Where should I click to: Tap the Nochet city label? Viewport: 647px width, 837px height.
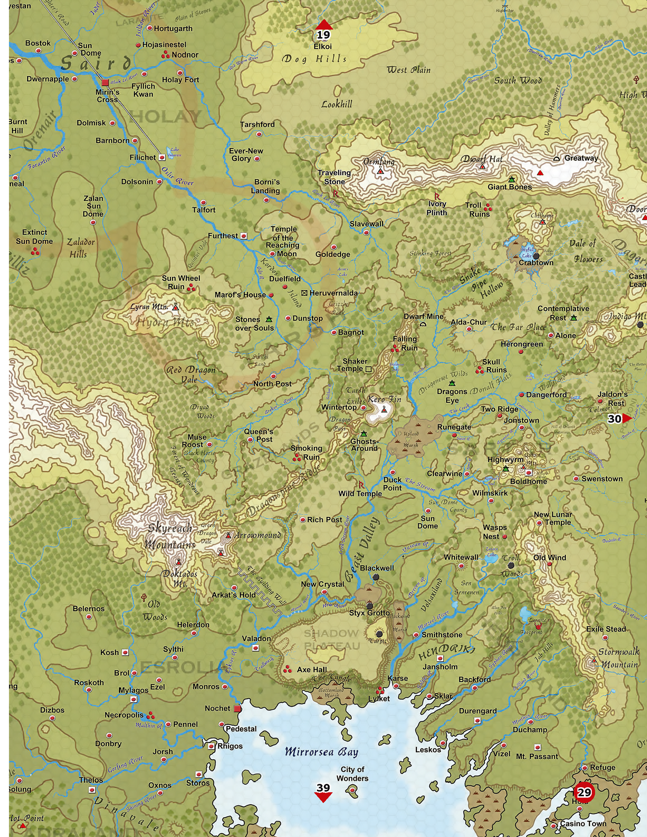pos(217,708)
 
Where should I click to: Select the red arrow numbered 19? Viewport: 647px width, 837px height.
pos(323,26)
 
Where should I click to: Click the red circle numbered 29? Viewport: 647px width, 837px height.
pos(584,792)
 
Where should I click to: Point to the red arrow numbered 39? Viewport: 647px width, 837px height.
pos(323,797)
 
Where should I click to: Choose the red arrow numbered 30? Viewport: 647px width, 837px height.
pos(626,418)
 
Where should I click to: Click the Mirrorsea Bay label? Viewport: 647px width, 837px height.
pos(321,752)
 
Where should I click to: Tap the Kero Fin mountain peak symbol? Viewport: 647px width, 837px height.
pos(384,410)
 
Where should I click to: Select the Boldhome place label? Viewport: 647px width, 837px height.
pos(528,481)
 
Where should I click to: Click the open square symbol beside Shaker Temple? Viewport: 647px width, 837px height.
pos(369,369)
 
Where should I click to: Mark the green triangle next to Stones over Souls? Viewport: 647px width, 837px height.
pos(269,319)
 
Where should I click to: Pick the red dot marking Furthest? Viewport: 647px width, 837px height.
pos(243,236)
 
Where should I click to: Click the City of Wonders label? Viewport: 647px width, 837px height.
pos(352,774)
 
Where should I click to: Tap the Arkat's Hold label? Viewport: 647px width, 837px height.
pos(233,595)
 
